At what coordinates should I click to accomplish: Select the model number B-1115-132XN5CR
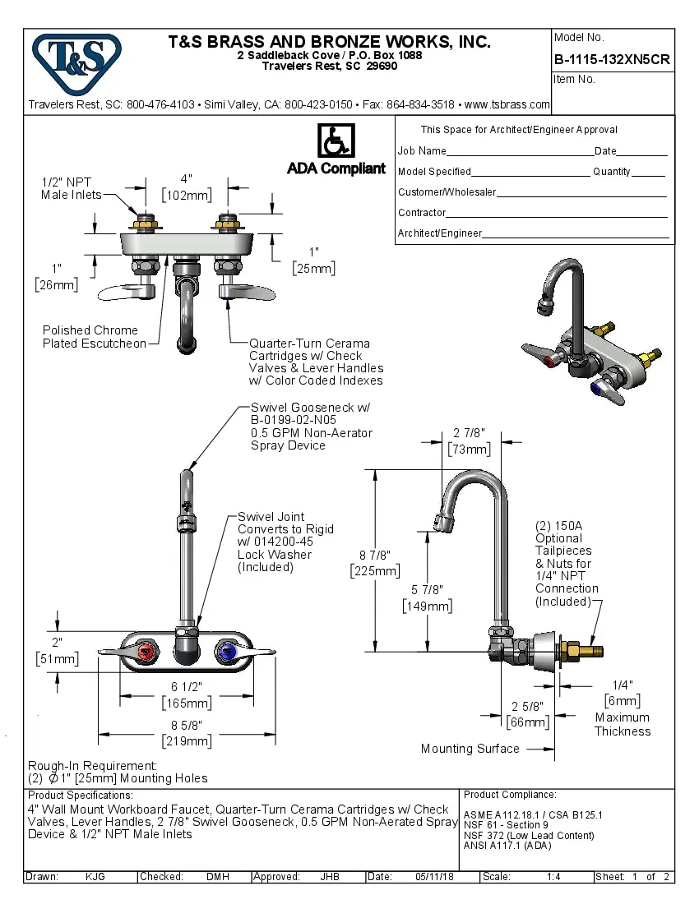tap(611, 59)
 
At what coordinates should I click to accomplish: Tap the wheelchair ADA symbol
tap(336, 141)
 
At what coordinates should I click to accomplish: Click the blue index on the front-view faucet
tap(225, 653)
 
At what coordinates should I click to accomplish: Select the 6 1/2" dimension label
tap(186, 686)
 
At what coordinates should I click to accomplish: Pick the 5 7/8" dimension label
tap(427, 590)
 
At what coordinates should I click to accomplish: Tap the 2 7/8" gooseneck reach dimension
tap(470, 433)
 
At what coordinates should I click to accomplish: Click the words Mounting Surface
tap(470, 749)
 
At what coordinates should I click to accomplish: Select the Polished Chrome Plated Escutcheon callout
tap(94, 337)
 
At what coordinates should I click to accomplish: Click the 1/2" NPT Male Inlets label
tap(72, 188)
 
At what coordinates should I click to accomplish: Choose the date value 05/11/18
tap(435, 877)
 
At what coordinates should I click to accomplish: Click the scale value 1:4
tap(553, 877)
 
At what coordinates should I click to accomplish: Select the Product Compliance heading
tap(510, 795)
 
